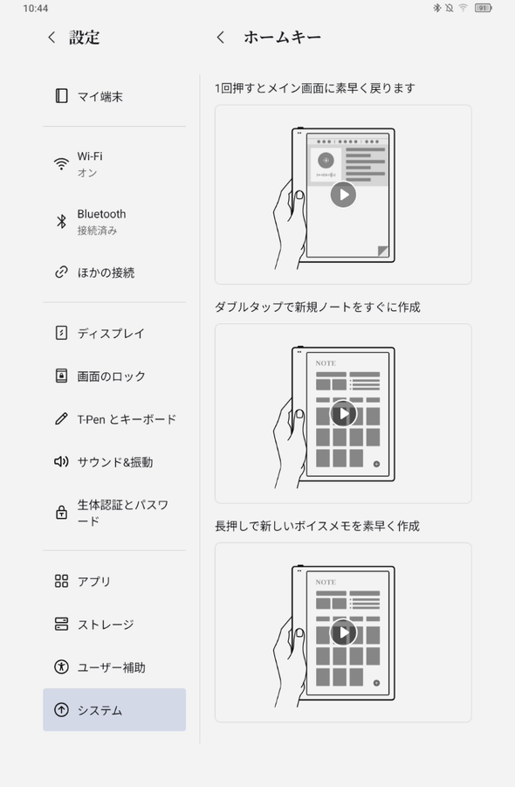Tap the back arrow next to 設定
(51, 38)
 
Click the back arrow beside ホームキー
(221, 38)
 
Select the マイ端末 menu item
(100, 96)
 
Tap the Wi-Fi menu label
(89, 156)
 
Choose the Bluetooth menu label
(101, 214)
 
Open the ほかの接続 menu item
(106, 273)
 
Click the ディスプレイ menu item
(110, 333)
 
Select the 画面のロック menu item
(111, 376)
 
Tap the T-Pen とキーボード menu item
(127, 419)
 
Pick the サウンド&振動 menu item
(114, 462)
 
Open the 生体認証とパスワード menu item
(122, 513)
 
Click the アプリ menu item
(93, 582)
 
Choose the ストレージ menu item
(105, 625)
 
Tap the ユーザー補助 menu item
(111, 667)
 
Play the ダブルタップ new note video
(343, 413)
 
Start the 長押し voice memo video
(343, 632)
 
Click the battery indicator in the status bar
(483, 8)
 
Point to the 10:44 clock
(36, 8)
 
